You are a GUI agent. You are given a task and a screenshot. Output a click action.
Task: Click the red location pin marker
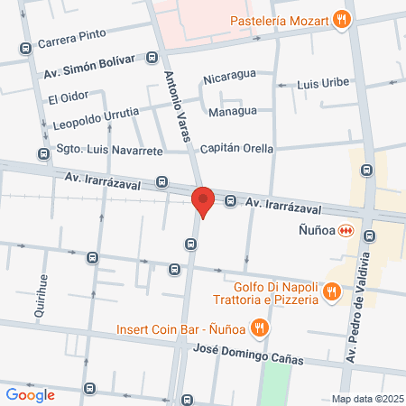203,200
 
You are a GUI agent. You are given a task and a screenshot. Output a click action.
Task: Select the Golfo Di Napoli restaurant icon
331,291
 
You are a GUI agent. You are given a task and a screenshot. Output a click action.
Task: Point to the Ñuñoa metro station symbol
344,231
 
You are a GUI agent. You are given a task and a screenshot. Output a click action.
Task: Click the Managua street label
232,111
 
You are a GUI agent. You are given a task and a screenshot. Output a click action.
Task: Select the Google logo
30,394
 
